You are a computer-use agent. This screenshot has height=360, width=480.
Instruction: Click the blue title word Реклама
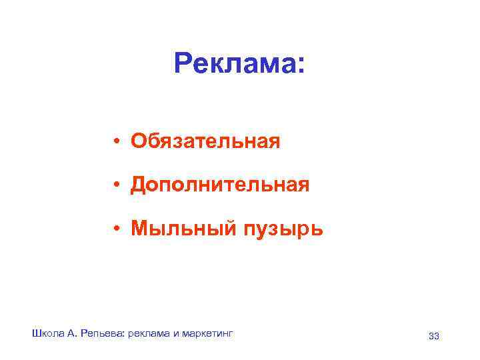pyautogui.click(x=234, y=64)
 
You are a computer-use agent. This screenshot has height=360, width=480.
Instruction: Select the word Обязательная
pyautogui.click(x=205, y=141)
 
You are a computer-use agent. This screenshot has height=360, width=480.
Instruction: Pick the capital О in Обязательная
pyautogui.click(x=138, y=141)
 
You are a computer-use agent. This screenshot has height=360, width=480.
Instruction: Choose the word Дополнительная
pyautogui.click(x=220, y=185)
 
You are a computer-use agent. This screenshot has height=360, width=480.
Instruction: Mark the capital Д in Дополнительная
pyautogui.click(x=139, y=185)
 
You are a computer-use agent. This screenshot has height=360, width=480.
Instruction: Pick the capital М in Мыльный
pyautogui.click(x=139, y=229)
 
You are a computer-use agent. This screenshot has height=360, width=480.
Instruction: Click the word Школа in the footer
pyautogui.click(x=46, y=333)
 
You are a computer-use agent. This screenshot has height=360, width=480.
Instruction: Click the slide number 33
pyautogui.click(x=434, y=336)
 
